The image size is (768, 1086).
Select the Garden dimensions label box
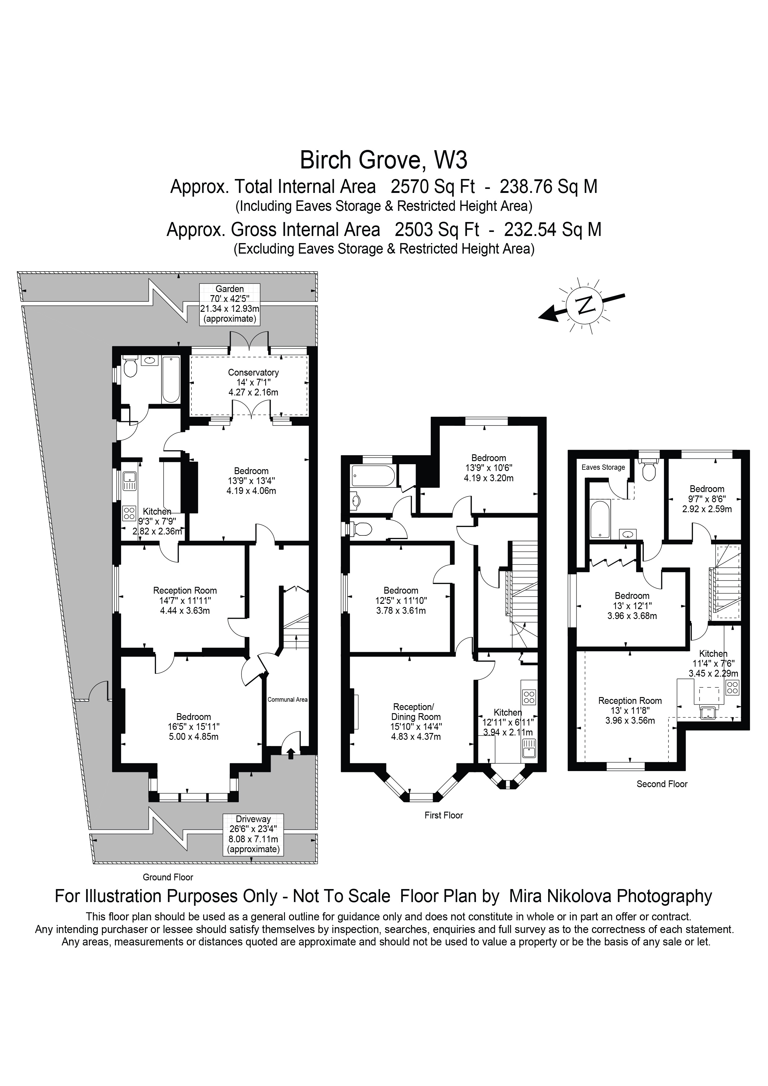click(x=230, y=304)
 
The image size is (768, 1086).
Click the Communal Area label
click(x=287, y=700)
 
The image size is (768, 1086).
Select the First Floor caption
click(x=443, y=815)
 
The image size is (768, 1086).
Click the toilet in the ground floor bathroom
click(x=130, y=367)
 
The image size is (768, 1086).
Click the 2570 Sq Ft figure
click(x=433, y=186)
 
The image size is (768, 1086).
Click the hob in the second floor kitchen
click(x=732, y=687)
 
